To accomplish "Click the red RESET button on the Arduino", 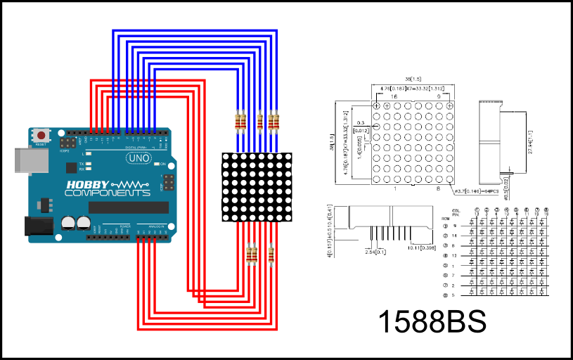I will [x=43, y=135].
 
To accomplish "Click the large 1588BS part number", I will [x=432, y=321].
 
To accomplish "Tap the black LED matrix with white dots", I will [x=256, y=187].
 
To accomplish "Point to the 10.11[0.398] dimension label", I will [x=420, y=247].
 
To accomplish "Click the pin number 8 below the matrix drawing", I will [x=439, y=188].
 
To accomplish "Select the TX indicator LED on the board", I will [x=88, y=162].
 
